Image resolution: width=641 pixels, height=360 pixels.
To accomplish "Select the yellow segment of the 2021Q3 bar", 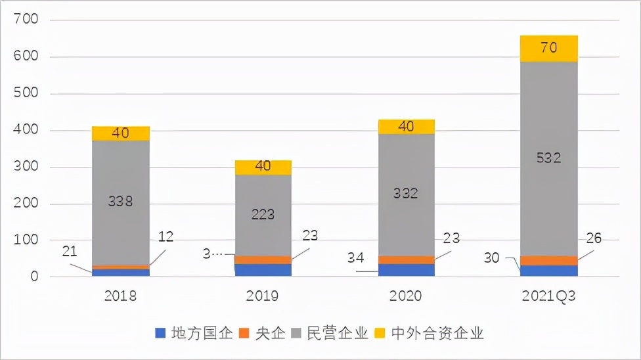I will coord(548,48).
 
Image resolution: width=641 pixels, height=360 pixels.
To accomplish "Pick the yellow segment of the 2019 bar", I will coord(263,167).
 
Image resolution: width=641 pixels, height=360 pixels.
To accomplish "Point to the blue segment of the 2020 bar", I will coord(406,269).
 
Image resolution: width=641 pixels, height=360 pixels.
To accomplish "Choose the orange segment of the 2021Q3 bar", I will coord(548,260).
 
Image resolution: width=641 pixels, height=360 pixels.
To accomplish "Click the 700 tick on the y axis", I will coord(26,20).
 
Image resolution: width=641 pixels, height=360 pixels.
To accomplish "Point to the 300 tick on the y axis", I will coord(26,168).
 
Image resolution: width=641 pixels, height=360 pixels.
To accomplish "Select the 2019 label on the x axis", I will coord(263,296).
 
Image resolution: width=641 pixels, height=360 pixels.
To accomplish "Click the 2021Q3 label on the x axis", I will coord(548,296).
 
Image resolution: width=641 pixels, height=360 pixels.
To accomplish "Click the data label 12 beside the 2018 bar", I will coord(166,236).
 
